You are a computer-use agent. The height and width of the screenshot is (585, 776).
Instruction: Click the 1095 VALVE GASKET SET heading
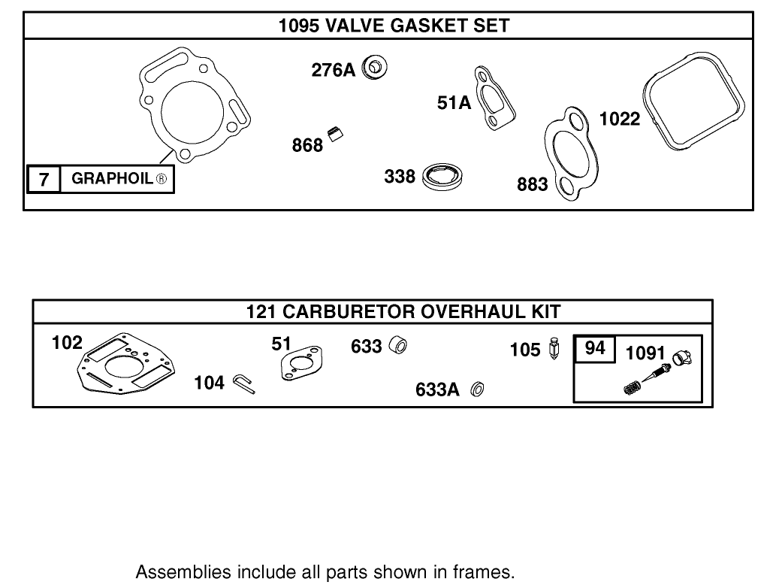pos(393,26)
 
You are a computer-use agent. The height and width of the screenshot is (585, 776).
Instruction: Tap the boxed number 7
pos(44,179)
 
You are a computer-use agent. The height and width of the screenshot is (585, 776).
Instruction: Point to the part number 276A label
pos(333,71)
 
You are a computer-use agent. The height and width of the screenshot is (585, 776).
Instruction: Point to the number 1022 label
pos(619,119)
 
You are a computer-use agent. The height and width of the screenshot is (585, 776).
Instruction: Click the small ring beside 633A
pos(476,389)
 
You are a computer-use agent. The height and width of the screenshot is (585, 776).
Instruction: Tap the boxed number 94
pos(594,349)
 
